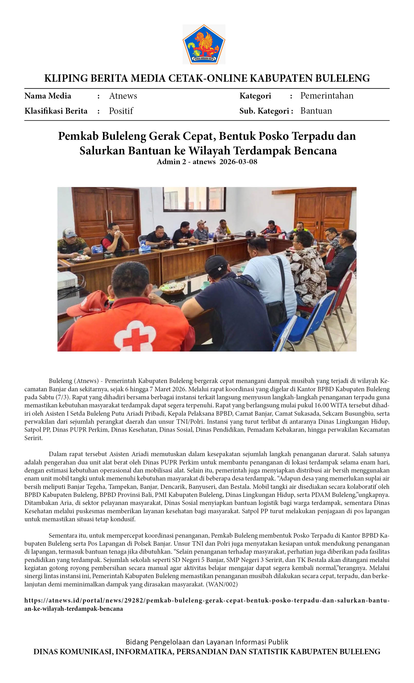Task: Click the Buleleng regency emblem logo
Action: pos(204,44)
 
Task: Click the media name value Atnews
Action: pos(123,96)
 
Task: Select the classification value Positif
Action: pos(121,111)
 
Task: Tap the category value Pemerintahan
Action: pos(327,96)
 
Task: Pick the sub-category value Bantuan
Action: pos(316,111)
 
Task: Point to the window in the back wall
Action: pos(194,199)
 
